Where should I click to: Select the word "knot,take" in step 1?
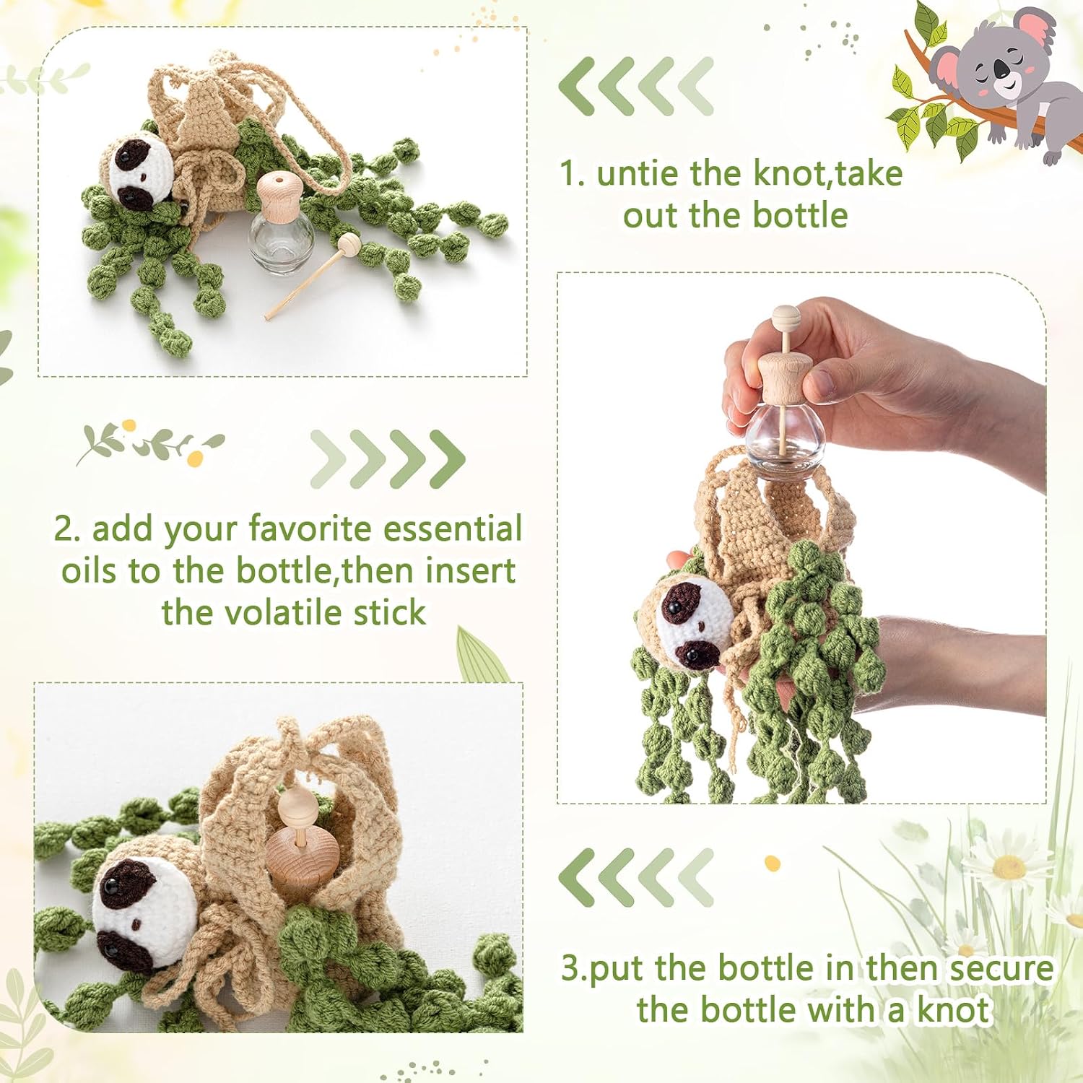(828, 174)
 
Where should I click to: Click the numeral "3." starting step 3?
(575, 968)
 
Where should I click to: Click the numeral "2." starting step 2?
(67, 529)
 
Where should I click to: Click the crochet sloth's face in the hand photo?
(688, 622)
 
